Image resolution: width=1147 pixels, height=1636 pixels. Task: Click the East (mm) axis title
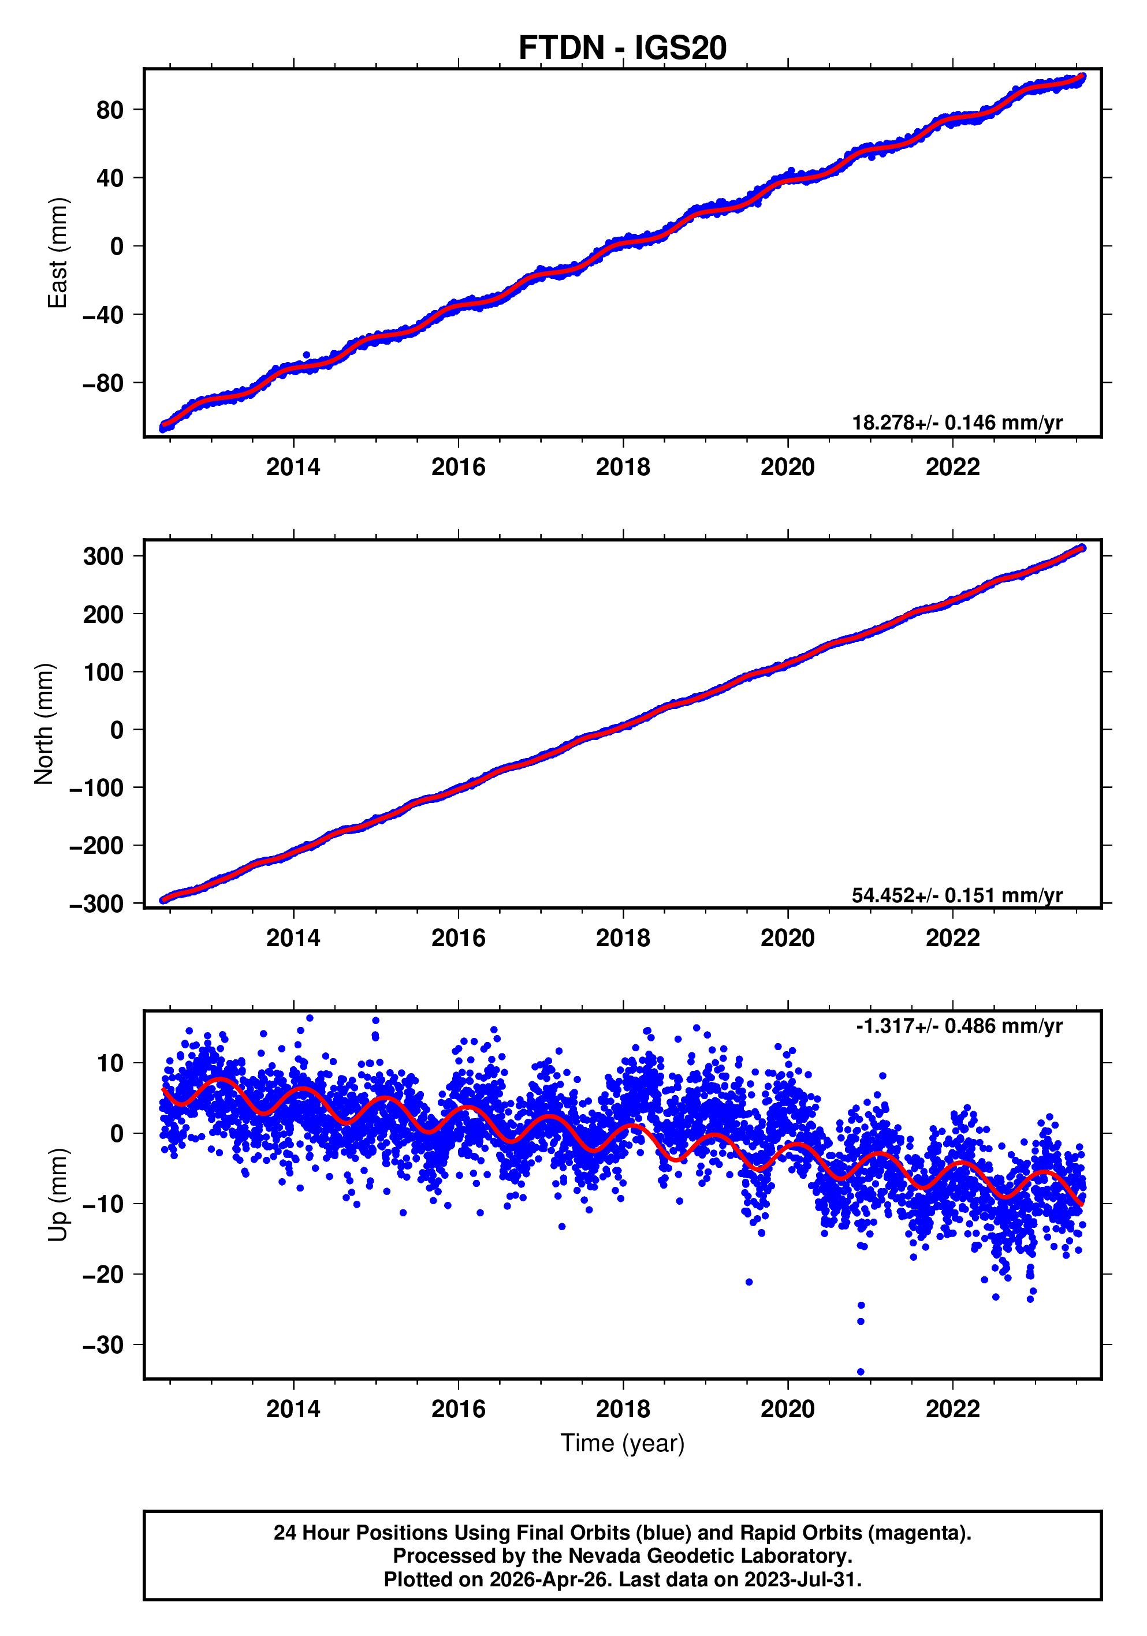pos(57,253)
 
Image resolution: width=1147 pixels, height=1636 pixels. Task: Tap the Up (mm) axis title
pos(57,1195)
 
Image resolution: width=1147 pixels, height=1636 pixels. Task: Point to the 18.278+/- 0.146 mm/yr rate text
pos(956,423)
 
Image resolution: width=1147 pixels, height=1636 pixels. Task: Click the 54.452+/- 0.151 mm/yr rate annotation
pos(956,895)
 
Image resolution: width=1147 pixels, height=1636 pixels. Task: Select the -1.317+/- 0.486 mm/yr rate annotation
pos(959,1026)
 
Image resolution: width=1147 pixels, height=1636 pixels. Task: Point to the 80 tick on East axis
pos(110,110)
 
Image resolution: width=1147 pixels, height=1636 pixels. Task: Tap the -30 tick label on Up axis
pos(103,1345)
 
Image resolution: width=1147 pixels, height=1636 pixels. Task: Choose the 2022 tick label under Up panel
pos(952,1409)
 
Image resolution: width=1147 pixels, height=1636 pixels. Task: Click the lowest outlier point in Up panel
pos(861,1372)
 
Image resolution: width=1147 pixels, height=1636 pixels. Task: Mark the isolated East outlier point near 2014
pos(307,355)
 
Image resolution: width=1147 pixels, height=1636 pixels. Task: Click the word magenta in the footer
pos(928,1533)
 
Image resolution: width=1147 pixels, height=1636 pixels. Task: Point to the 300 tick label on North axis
pos(103,556)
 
